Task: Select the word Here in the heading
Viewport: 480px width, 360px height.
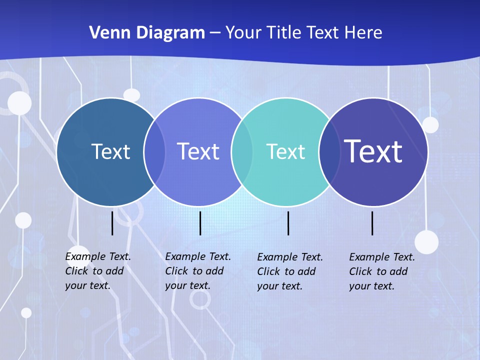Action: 363,33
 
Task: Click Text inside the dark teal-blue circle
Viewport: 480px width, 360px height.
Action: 110,151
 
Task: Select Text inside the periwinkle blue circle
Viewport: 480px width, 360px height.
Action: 198,151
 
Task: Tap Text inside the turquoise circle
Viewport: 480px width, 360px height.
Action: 285,151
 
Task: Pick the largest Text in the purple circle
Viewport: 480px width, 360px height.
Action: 373,151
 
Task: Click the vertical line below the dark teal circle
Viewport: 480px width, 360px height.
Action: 112,223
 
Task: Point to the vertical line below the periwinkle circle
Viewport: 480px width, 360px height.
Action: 200,223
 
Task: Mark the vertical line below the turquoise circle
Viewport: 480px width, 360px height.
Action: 288,223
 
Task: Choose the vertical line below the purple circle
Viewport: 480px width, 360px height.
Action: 372,223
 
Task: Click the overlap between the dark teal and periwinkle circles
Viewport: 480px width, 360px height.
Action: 154,152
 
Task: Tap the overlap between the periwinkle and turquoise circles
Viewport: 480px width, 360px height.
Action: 242,152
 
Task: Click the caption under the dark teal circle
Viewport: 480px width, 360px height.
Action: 98,271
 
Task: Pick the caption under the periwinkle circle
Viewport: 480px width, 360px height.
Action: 198,271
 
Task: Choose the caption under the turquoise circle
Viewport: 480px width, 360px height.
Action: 290,271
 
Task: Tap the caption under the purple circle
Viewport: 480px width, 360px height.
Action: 382,271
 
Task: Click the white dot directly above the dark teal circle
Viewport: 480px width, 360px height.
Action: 131,95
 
